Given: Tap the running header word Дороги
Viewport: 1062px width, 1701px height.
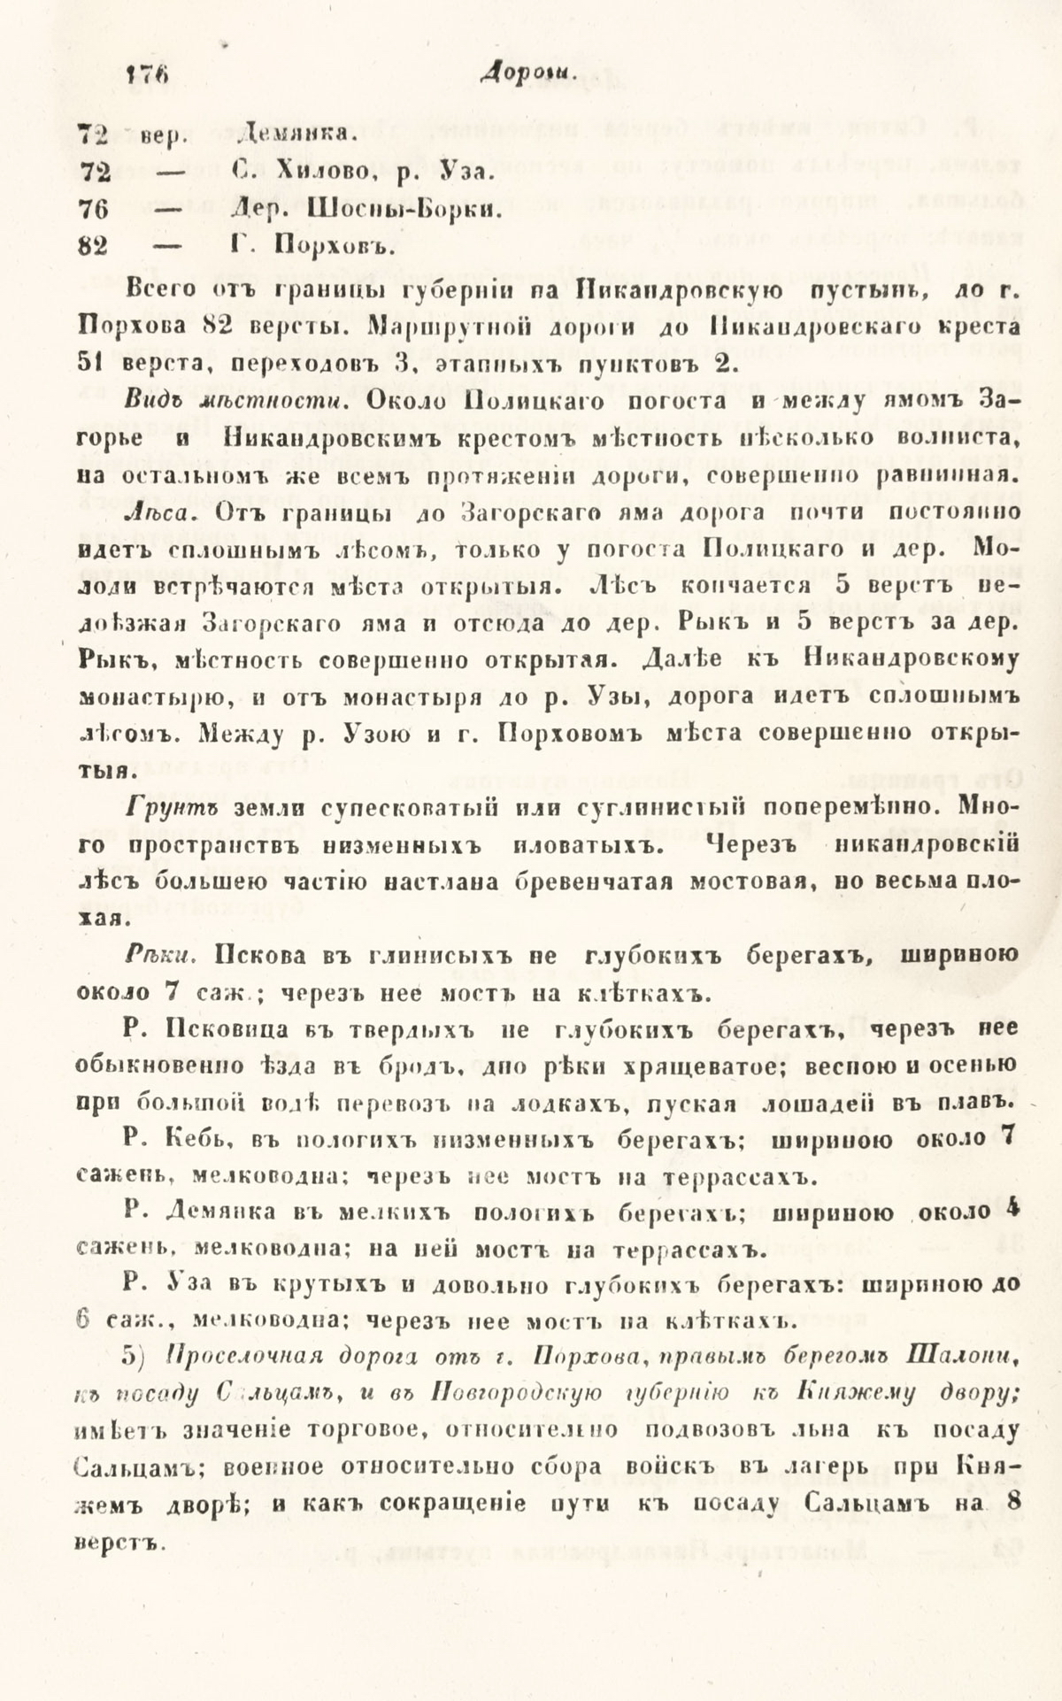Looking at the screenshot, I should [x=527, y=77].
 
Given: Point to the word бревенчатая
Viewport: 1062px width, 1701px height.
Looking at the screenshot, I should [x=585, y=882].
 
